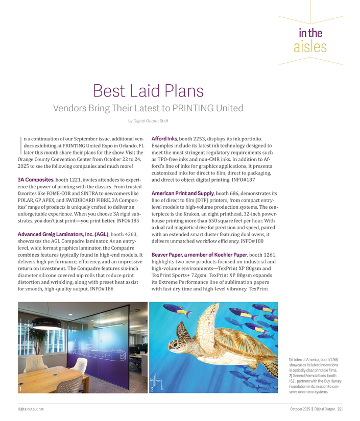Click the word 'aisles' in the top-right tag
coord(310,48)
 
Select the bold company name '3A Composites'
coord(36,180)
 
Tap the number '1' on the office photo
coord(20,389)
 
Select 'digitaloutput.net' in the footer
coord(29,409)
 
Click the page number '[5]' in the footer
coord(340,409)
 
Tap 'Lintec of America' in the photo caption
coord(303,360)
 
